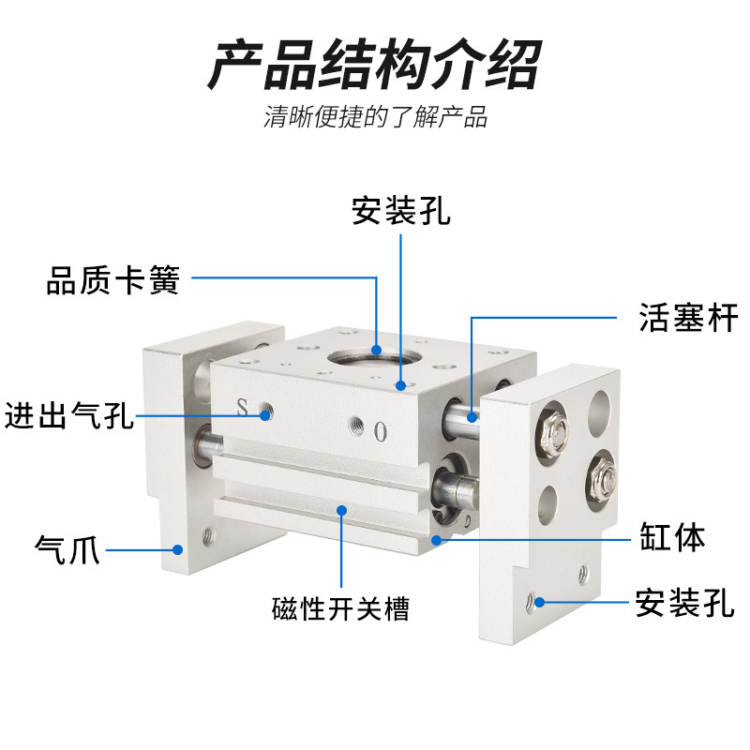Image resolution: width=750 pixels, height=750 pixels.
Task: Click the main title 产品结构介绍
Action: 375,65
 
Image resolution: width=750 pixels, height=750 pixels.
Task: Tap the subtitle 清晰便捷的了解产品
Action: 375,116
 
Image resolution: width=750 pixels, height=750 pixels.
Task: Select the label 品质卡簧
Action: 112,279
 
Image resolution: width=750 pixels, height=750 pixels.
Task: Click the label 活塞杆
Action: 688,318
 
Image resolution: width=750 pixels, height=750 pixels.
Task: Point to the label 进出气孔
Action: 68,414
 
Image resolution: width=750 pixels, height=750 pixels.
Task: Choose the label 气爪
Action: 67,549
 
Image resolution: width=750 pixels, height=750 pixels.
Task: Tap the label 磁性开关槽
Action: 340,608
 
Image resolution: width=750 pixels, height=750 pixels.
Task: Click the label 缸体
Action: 672,536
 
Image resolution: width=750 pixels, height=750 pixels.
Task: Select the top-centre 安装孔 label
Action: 401,210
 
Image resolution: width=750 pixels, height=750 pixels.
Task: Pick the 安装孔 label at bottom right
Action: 684,603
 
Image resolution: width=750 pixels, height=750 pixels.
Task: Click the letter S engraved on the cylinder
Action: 243,407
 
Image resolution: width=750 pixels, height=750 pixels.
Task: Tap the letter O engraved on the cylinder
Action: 381,431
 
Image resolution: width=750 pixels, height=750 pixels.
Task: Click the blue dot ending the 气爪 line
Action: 177,549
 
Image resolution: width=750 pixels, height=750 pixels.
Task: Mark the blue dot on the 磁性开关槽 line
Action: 341,510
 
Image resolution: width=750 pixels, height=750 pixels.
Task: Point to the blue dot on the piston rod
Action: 472,417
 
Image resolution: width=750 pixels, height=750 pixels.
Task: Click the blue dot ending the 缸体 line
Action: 436,540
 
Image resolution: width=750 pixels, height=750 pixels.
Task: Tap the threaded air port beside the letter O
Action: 356,424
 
